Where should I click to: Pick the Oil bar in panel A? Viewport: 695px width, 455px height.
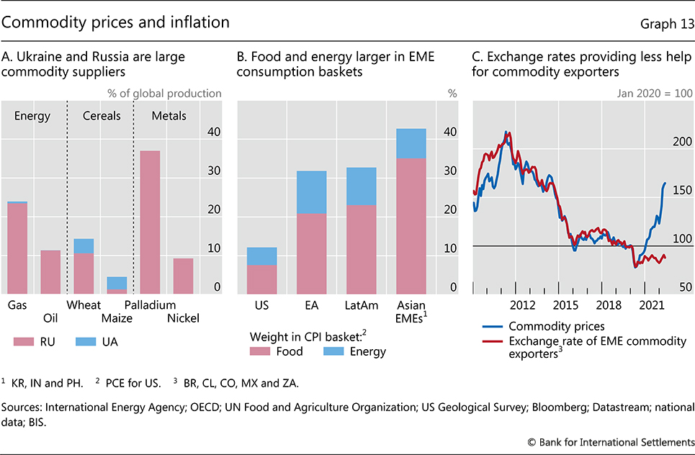(x=50, y=271)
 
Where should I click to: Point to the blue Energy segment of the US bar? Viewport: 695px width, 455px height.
(x=261, y=256)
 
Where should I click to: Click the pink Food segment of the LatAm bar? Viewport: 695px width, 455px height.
(x=362, y=249)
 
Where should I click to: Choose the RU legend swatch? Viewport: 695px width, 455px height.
(x=27, y=341)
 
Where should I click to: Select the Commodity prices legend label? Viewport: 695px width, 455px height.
(x=556, y=326)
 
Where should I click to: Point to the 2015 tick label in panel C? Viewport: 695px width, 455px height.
(x=565, y=305)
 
